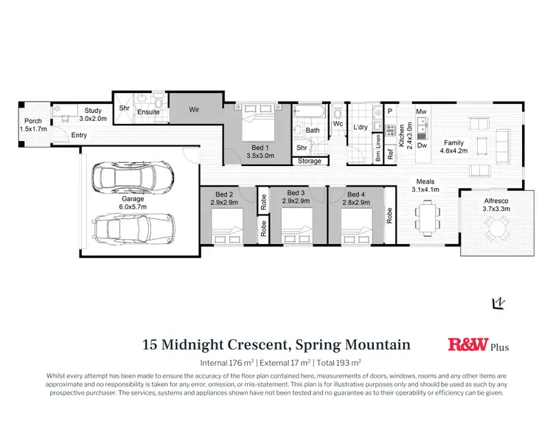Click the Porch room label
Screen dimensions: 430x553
pos(33,125)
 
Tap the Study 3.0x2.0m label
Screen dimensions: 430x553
pos(92,114)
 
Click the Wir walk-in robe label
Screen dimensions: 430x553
pos(195,111)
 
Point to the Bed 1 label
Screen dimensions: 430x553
pos(257,152)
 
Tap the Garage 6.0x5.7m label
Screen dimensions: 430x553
pos(133,202)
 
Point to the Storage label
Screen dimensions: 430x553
pos(310,161)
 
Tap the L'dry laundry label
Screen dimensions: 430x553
pos(360,128)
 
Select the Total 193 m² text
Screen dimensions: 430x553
pos(339,362)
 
